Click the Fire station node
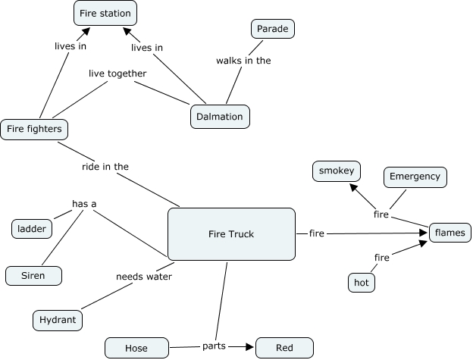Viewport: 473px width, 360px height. pos(105,13)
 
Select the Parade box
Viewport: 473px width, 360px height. pos(272,30)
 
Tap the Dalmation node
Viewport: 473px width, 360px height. pos(219,117)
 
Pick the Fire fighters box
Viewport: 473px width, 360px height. pos(34,130)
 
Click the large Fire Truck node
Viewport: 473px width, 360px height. pos(230,233)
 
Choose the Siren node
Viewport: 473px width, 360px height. pos(33,276)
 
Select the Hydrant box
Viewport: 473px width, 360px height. pos(58,321)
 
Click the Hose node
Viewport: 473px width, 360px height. pos(136,348)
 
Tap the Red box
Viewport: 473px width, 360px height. pos(284,348)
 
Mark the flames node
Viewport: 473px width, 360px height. pos(450,232)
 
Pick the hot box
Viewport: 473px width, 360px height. pos(362,283)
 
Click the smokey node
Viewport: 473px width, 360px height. pos(337,171)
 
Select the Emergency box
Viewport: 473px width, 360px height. pos(415,177)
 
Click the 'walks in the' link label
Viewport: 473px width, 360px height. pos(243,60)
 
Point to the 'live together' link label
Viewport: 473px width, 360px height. pos(117,73)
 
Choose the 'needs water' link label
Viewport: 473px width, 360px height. pos(144,276)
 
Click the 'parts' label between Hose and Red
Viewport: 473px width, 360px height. pos(213,346)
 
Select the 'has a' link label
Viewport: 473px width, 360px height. pos(84,203)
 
